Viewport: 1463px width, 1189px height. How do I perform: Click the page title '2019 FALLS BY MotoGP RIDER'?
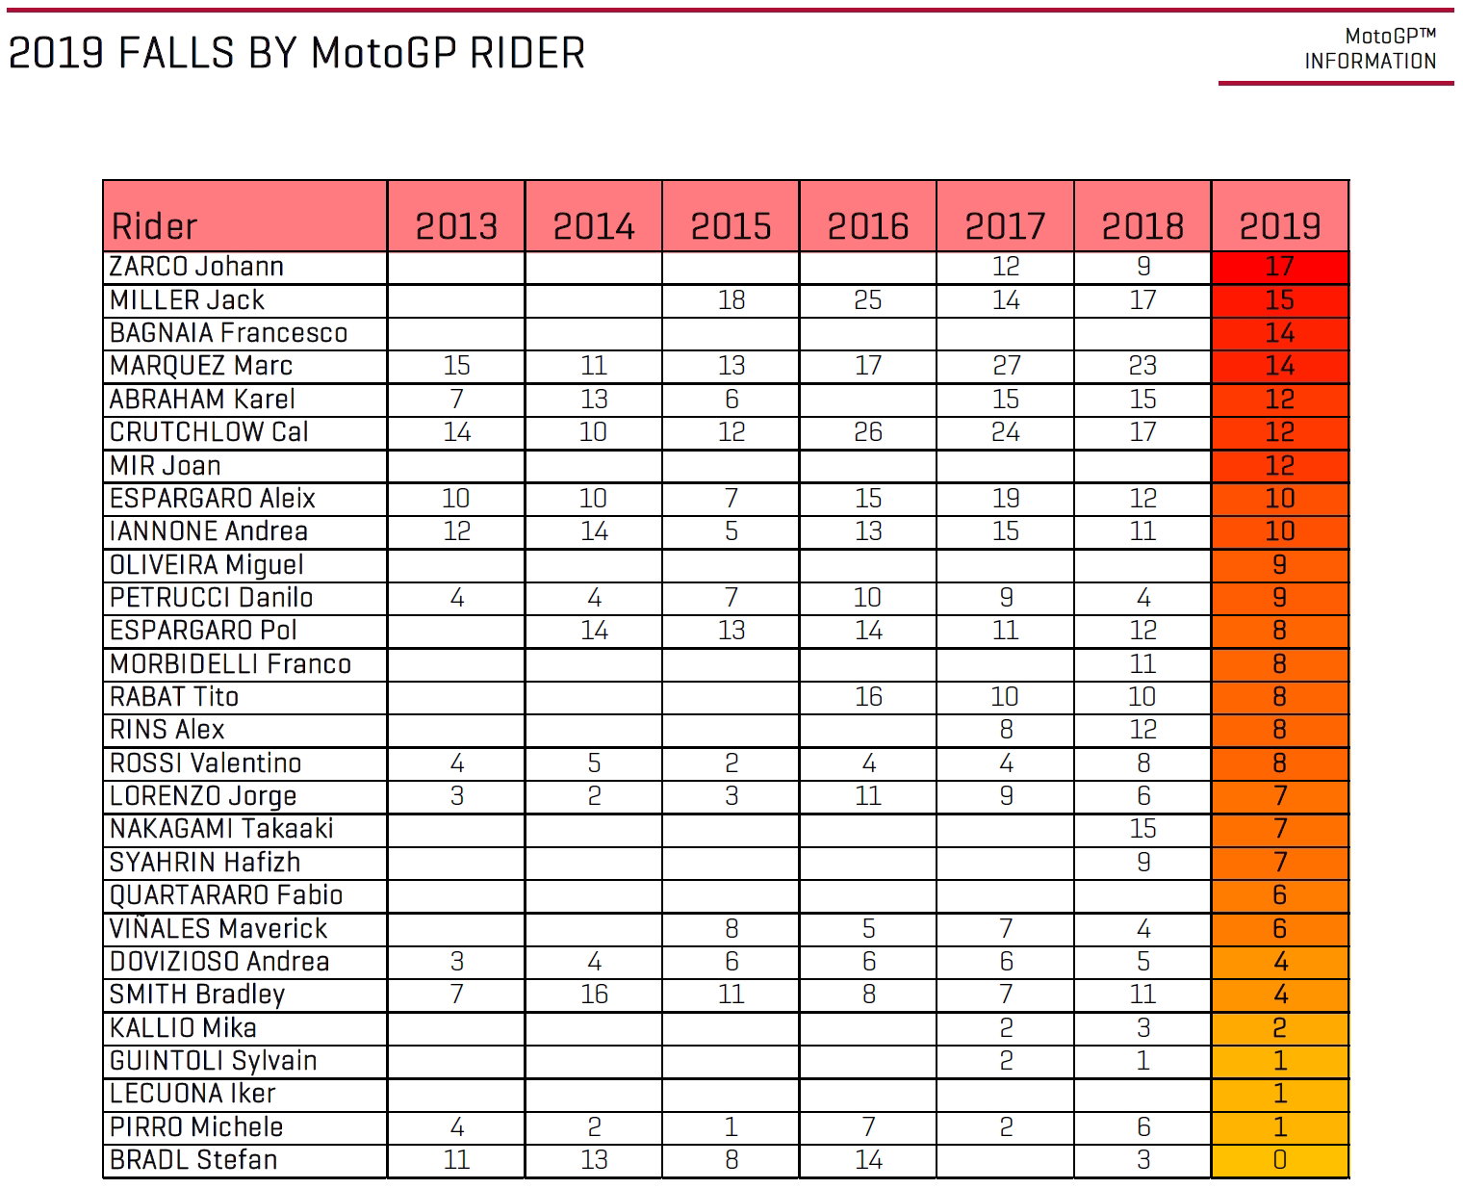coord(296,53)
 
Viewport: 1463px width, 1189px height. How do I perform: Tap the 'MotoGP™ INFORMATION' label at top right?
coord(1370,49)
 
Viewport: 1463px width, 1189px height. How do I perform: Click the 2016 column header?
coord(867,226)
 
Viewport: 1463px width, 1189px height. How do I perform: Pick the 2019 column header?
coord(1279,226)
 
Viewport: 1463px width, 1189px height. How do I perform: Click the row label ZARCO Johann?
coord(196,267)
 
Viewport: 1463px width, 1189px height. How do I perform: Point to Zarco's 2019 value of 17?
coord(1279,267)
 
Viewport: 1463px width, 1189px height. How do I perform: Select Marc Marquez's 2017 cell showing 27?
coord(1006,366)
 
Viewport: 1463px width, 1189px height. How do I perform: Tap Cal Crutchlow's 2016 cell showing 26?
coord(867,432)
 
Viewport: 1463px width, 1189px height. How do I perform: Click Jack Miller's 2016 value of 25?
coord(867,300)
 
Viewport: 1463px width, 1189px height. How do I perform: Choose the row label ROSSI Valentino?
coord(205,763)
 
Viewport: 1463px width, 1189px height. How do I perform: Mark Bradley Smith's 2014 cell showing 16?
coord(594,995)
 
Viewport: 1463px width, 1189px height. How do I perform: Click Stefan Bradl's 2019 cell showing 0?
coord(1279,1160)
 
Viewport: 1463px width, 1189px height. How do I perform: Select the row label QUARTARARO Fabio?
coord(226,895)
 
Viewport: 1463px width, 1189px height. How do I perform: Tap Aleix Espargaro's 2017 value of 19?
coord(1006,499)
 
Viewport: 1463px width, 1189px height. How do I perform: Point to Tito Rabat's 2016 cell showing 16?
coord(867,697)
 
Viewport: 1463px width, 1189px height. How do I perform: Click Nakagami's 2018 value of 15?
coord(1142,829)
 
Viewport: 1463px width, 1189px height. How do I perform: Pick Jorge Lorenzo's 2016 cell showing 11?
coord(867,796)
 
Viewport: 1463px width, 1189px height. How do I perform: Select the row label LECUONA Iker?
coord(192,1094)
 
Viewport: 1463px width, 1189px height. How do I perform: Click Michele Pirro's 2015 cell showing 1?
coord(731,1126)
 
